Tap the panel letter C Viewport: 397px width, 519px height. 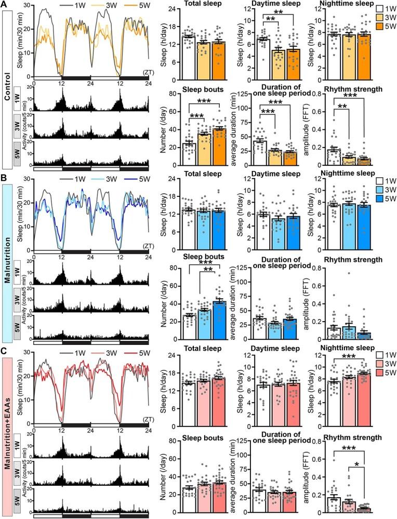(x=5, y=351)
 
